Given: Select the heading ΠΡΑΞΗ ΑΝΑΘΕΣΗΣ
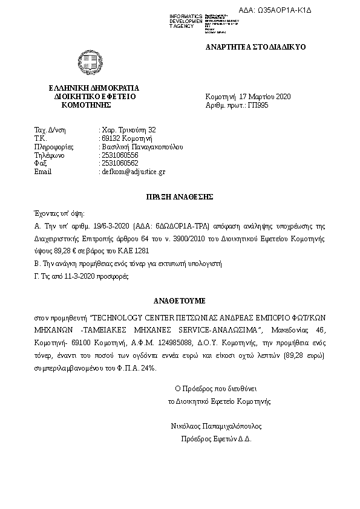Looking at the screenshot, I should tap(180, 196).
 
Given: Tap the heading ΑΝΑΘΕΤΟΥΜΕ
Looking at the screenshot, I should tap(180, 300).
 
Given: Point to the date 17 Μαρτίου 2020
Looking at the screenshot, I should tap(265, 97).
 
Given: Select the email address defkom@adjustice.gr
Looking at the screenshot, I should tap(133, 172).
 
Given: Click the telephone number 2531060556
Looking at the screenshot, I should tap(120, 155).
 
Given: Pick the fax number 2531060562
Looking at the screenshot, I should tap(120, 163).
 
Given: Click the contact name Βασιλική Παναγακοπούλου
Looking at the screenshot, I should tap(142, 146).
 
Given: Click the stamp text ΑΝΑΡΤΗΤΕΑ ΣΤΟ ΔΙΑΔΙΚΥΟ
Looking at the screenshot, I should tap(255, 47).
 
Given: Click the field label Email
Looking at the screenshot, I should tap(43, 172).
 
